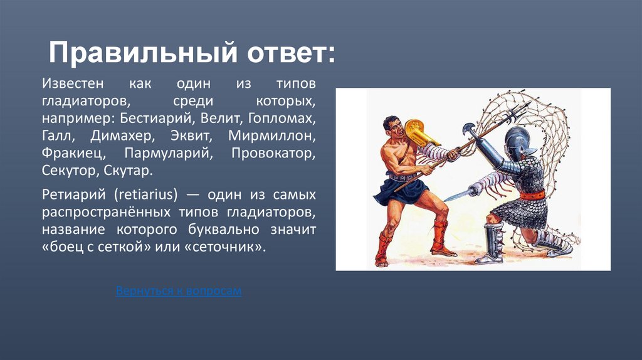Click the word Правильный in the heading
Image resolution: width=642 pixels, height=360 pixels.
click(143, 53)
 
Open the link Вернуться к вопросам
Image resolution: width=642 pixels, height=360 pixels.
click(179, 290)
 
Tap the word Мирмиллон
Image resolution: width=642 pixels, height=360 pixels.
click(272, 135)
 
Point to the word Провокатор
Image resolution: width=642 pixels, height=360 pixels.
click(273, 153)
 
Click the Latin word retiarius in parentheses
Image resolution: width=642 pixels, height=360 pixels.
click(146, 194)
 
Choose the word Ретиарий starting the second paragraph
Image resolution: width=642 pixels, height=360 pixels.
click(74, 194)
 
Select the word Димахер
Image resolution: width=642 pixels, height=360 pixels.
click(122, 136)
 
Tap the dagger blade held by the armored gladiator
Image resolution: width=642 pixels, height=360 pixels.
click(457, 196)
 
